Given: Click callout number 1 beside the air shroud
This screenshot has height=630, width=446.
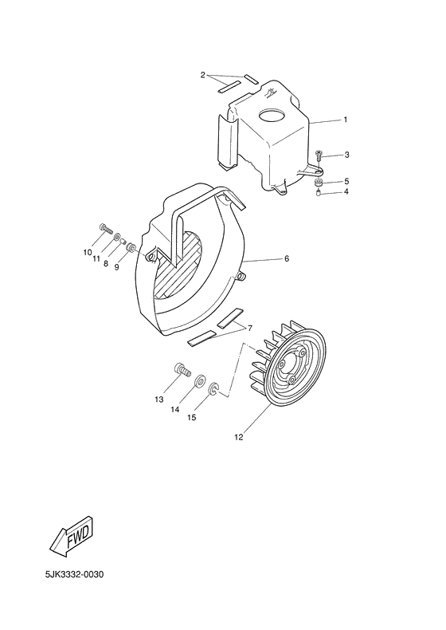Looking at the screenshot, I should click(346, 120).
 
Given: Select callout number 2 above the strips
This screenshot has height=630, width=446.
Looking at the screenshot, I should click(203, 75).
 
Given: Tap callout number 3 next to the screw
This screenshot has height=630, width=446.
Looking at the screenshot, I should click(346, 155).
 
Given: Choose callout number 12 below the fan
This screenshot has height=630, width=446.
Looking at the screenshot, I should click(238, 436).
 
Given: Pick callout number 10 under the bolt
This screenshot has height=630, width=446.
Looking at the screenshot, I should click(88, 253).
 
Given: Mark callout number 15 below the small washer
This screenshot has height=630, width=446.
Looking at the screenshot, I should click(190, 417).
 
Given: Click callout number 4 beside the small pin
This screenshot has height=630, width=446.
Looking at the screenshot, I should click(346, 192).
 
